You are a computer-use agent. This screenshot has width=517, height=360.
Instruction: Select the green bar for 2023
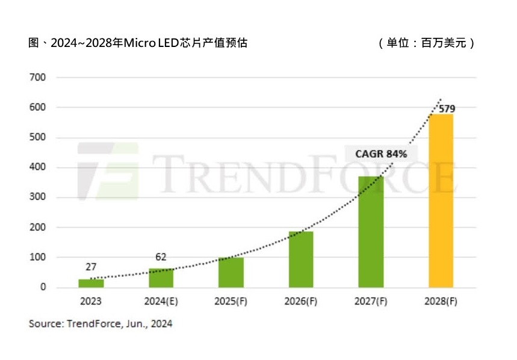tap(91, 283)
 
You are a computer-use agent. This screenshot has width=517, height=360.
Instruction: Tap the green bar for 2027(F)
tap(371, 232)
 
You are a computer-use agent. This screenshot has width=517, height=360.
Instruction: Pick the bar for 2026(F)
tap(301, 259)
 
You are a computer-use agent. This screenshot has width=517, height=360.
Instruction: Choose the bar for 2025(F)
tap(231, 272)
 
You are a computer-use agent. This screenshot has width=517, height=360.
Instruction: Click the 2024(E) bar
tap(161, 278)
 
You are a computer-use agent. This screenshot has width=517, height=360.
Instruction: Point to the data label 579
tap(447, 109)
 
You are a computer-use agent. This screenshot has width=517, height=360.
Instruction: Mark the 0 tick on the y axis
tap(43, 287)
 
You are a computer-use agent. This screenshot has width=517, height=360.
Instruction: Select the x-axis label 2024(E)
tap(161, 302)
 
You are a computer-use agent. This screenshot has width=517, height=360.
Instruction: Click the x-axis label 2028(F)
tap(441, 302)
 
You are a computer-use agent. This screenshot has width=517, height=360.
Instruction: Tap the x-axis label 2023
tap(91, 302)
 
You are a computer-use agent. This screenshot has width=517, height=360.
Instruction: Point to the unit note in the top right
tap(427, 43)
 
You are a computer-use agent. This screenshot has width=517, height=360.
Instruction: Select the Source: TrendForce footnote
tap(101, 324)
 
